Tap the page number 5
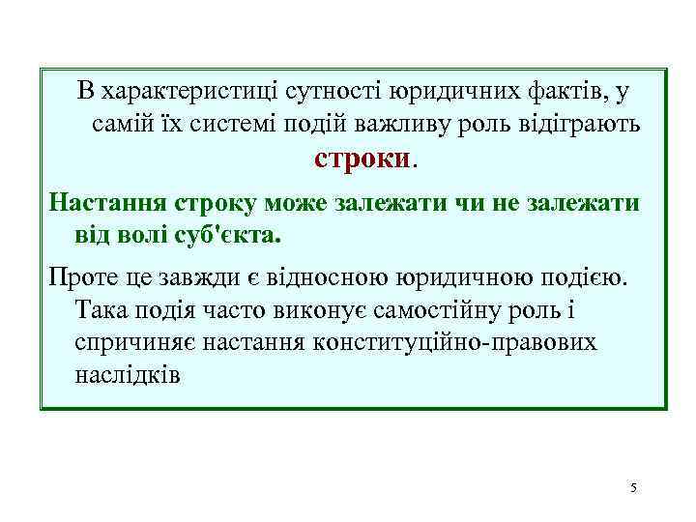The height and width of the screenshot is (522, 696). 633,487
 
